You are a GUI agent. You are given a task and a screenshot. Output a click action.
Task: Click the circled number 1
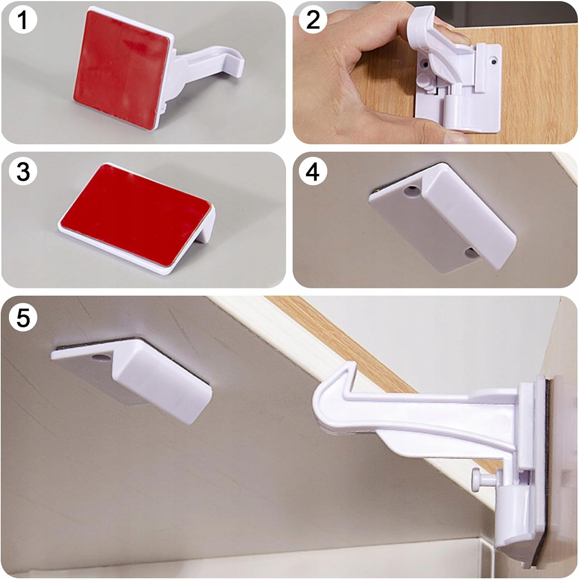22,19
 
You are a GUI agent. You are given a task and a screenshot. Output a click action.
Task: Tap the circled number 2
313,19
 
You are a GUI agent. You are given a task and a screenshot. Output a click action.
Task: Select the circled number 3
22,171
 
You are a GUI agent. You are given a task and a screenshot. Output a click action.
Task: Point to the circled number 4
313,171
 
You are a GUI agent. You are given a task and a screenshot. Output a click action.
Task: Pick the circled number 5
22,318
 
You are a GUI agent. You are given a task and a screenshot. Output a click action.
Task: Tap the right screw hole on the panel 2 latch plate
494,61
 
